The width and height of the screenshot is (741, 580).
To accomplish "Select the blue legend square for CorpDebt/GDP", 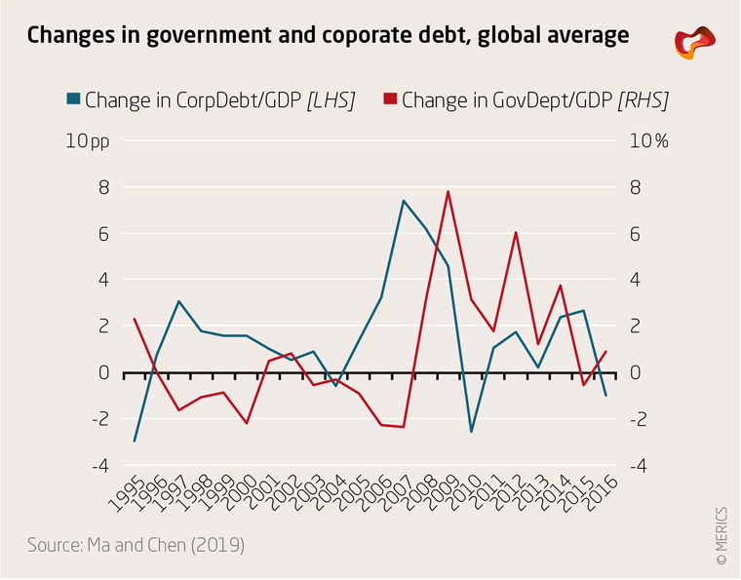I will [x=73, y=99].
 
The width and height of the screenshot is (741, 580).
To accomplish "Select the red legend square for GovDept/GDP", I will [x=390, y=99].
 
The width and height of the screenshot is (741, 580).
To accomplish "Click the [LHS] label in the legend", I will [x=331, y=99].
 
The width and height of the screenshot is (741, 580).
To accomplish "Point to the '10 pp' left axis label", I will [x=88, y=141].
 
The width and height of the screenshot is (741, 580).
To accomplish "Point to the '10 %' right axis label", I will [x=648, y=141].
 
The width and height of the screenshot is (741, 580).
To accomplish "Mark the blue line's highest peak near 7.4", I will [x=403, y=201].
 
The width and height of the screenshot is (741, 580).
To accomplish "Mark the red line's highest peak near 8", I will [x=448, y=191].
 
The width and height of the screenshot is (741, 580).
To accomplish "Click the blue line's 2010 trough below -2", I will [x=471, y=432].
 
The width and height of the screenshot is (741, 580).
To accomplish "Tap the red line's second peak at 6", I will [x=516, y=232].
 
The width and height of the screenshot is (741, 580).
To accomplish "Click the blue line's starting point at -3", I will [x=134, y=442].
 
